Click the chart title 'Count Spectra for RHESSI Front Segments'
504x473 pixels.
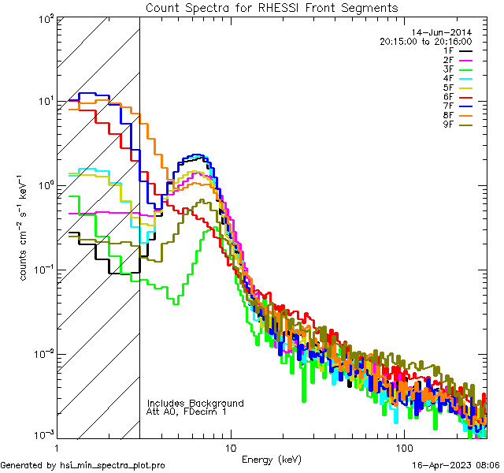pos(272,8)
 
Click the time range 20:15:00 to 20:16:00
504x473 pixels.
pos(425,42)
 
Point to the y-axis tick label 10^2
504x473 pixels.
pos(44,19)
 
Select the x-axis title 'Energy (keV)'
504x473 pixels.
pos(272,460)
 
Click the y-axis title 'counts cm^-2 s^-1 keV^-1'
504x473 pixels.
pos(24,228)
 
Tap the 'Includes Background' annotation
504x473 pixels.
pos(195,403)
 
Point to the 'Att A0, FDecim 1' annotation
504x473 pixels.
pos(187,412)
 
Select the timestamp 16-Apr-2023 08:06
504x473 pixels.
pos(456,465)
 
